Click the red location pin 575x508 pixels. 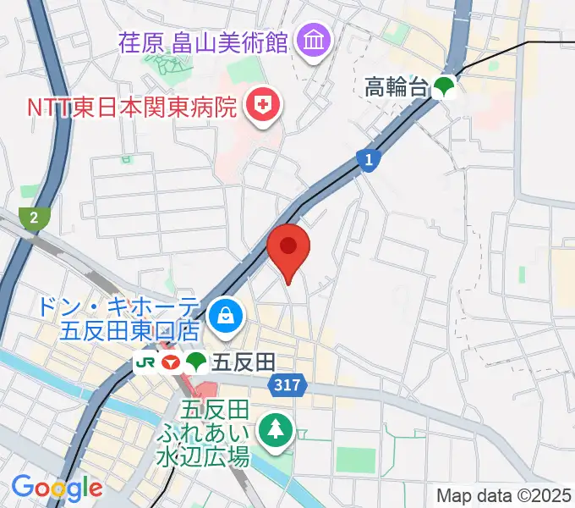click(288, 248)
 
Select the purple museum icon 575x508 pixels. click(314, 40)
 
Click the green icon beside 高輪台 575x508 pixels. click(444, 86)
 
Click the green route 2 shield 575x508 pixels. click(34, 218)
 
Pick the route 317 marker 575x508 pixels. click(287, 385)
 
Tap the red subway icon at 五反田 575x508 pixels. click(170, 362)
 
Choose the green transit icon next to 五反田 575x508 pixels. click(196, 362)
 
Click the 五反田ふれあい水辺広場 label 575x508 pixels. click(204, 434)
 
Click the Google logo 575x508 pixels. click(57, 487)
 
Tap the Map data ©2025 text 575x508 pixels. click(503, 495)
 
